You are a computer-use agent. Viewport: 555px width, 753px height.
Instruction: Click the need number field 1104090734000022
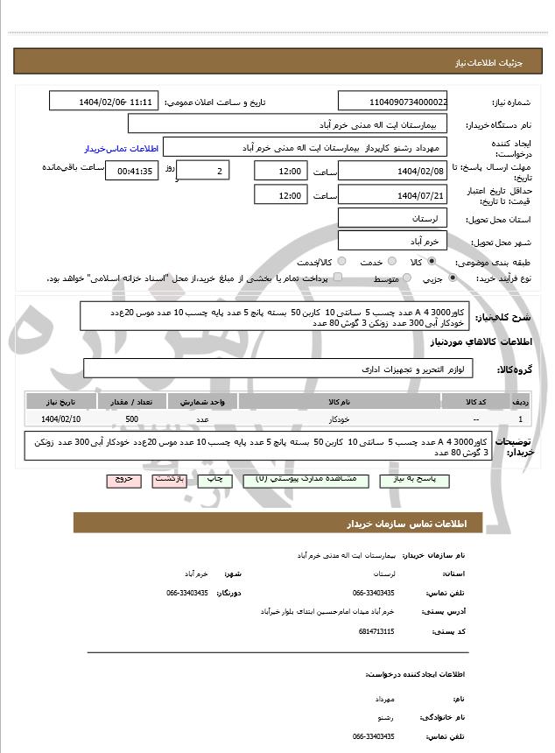click(392, 101)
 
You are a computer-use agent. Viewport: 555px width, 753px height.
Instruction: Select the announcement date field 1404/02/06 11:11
click(103, 101)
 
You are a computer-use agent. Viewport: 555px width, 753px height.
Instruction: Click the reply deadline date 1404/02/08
click(392, 171)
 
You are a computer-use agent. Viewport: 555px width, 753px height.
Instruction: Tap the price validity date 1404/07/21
click(392, 194)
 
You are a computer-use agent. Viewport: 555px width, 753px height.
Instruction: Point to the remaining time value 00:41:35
click(132, 171)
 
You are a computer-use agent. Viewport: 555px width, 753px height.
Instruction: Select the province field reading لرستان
click(392, 217)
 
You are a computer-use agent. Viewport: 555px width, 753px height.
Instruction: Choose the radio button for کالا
click(432, 261)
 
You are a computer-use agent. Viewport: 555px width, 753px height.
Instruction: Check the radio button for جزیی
click(452, 278)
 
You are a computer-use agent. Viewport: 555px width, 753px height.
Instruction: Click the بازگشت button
click(168, 481)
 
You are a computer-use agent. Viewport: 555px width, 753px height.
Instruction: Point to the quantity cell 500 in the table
click(131, 419)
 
